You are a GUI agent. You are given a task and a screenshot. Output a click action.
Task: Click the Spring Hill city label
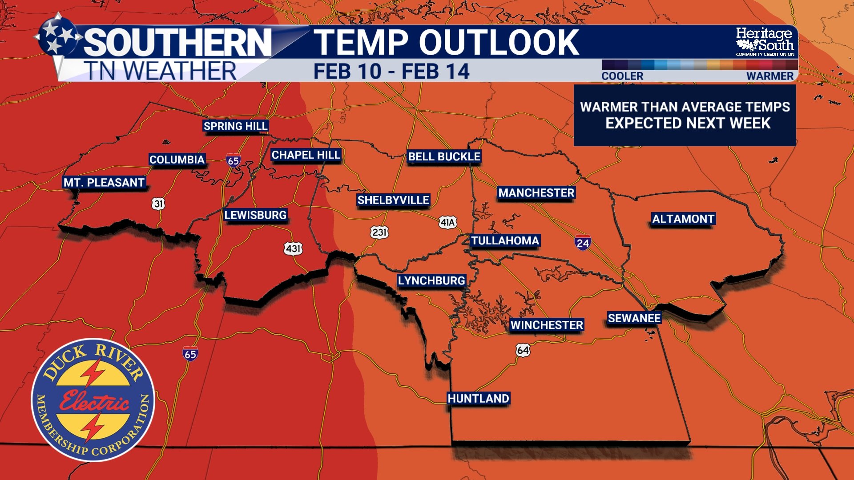[x=235, y=126]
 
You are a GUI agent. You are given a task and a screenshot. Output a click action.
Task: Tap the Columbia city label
[x=177, y=160]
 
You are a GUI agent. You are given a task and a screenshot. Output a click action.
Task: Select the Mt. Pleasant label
[x=104, y=183]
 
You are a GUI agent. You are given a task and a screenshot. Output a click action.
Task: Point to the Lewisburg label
[x=255, y=215]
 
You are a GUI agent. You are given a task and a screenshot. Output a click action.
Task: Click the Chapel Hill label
[x=306, y=155]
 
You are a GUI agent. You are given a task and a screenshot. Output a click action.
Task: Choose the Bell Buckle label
[x=444, y=157]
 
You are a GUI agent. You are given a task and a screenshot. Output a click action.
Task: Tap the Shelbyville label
[x=393, y=200]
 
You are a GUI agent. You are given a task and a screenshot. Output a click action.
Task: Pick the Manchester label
[x=536, y=193]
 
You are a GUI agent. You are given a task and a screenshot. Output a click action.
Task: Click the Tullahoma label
[x=505, y=241]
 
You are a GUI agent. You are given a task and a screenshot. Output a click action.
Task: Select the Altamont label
[x=683, y=219]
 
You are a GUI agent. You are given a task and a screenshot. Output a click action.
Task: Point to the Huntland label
[x=478, y=399]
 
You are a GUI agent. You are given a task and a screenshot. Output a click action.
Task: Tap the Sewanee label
[x=634, y=318]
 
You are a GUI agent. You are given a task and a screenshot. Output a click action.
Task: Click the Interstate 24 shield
[x=582, y=243]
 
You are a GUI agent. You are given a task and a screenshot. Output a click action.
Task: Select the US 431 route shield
[x=293, y=248]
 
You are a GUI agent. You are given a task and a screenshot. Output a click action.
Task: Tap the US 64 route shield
[x=523, y=350]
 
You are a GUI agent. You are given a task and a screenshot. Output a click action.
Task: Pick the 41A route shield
[x=447, y=222]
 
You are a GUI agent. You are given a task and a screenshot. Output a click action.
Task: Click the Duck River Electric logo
[x=93, y=400]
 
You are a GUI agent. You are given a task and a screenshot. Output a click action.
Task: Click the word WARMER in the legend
[x=769, y=76]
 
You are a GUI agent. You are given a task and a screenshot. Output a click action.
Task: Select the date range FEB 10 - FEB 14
[x=391, y=72]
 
